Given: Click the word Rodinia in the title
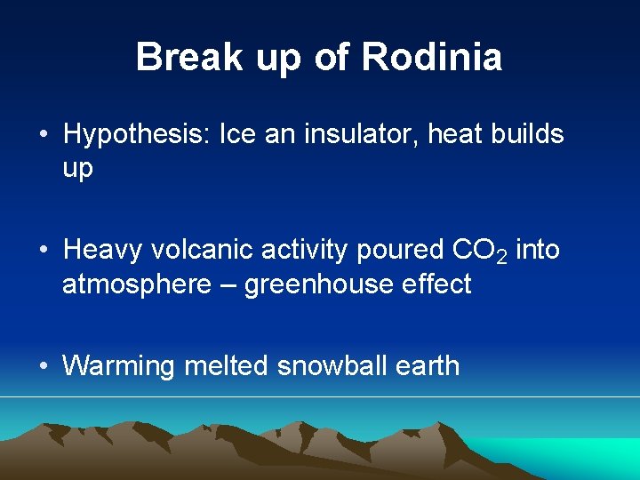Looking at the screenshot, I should (433, 58).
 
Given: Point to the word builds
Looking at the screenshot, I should (524, 135).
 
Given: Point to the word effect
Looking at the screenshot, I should (436, 284).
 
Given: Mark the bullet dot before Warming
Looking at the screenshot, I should (43, 366).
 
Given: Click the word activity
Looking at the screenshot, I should (305, 251).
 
